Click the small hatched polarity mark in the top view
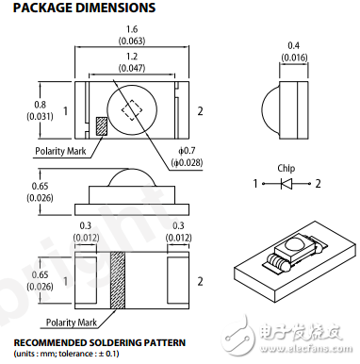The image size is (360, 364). tap(102, 125)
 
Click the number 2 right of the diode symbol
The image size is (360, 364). tap(319, 183)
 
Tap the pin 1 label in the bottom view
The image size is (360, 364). tap(65, 281)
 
